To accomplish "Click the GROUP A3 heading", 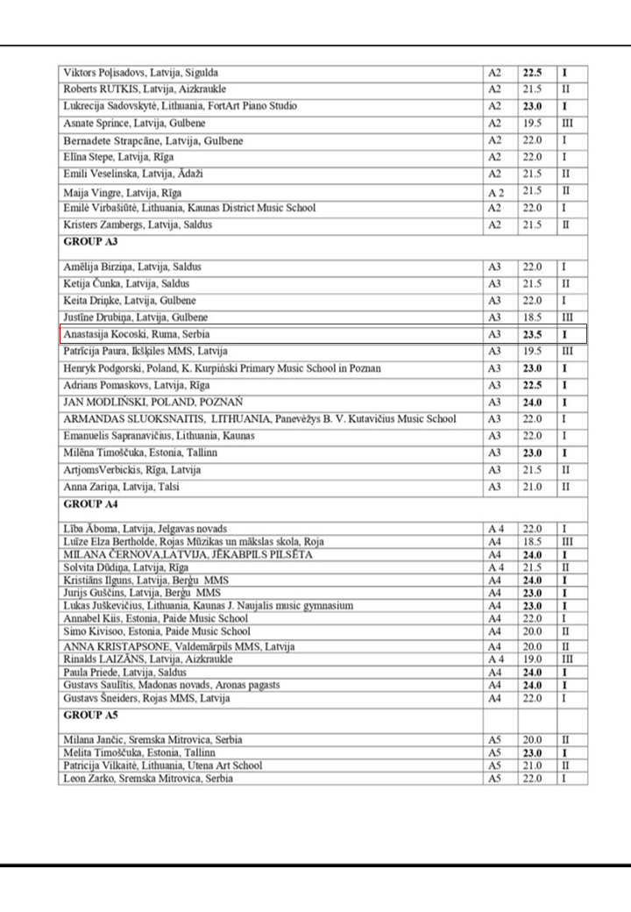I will (x=89, y=241).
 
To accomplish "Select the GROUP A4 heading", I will (x=89, y=504).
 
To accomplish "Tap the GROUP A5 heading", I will (x=89, y=715).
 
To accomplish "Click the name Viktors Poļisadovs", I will (x=101, y=72).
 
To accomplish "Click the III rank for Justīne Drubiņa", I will (x=566, y=317).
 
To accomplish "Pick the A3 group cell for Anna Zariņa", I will (x=496, y=487).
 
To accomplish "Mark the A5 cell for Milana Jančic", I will (x=496, y=741).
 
